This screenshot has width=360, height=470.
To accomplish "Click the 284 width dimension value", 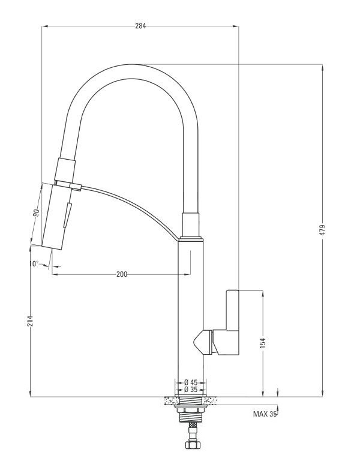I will click(140, 26).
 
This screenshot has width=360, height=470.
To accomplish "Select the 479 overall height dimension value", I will click(323, 230).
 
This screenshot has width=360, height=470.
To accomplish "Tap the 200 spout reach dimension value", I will click(122, 274).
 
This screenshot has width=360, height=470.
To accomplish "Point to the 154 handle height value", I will click(263, 343).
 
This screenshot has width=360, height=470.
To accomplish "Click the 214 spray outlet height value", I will click(30, 322).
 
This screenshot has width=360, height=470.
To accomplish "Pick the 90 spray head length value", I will click(36, 213).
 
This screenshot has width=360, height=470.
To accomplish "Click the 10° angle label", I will click(33, 264).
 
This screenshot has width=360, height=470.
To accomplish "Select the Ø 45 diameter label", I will click(191, 382).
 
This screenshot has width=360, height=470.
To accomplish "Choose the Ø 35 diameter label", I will click(191, 390).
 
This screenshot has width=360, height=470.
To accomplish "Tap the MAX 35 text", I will click(265, 414).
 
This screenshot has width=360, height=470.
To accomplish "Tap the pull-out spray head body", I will click(55, 216).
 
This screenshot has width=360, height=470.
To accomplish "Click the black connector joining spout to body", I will click(190, 225).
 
